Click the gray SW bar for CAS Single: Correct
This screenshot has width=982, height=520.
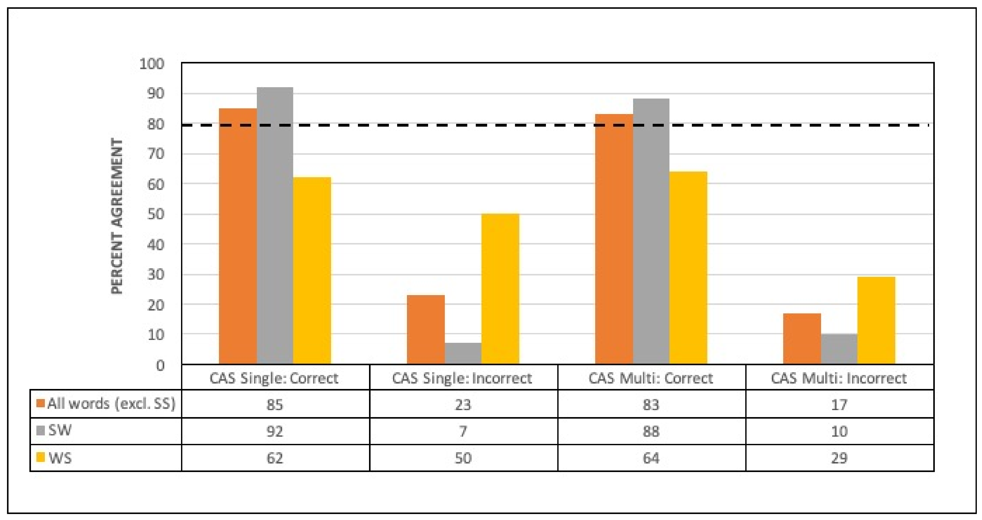275,225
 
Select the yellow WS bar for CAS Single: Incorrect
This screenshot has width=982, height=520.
500,289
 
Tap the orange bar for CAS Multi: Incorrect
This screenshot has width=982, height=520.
802,338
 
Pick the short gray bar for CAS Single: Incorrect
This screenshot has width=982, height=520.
463,353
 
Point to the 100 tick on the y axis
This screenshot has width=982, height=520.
152,64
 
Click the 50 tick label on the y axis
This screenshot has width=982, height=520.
155,214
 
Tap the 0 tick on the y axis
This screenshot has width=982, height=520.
160,365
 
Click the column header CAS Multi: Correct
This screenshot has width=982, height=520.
651,378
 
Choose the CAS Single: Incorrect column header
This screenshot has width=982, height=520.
462,378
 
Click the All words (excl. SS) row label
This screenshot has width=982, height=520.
111,403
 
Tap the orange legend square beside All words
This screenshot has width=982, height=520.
40,403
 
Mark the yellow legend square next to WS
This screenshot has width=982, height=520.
40,457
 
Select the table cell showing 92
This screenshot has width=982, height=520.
275,431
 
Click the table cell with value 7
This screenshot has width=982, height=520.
463,431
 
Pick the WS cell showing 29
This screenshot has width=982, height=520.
839,458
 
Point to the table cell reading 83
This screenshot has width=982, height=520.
651,404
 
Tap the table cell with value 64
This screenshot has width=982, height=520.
651,458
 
